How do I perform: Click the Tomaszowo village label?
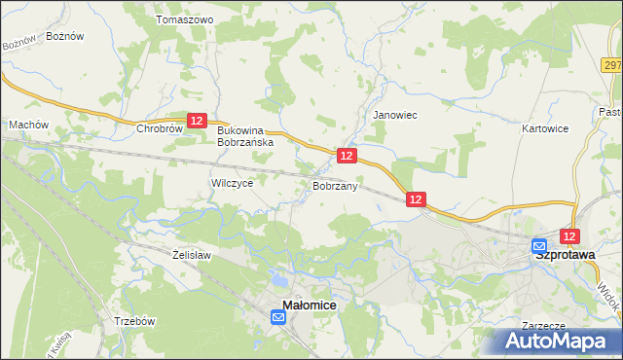click(x=184, y=19)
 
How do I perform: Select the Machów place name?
click(x=28, y=125)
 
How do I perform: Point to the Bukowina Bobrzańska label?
click(x=246, y=135)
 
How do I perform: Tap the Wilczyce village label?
click(x=233, y=183)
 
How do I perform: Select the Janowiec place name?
click(x=395, y=115)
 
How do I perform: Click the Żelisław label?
click(x=192, y=255)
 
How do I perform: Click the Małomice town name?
click(x=310, y=306)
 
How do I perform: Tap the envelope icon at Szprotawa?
click(x=539, y=247)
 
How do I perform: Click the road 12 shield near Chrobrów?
click(x=197, y=120)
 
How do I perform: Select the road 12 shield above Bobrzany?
click(x=348, y=155)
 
